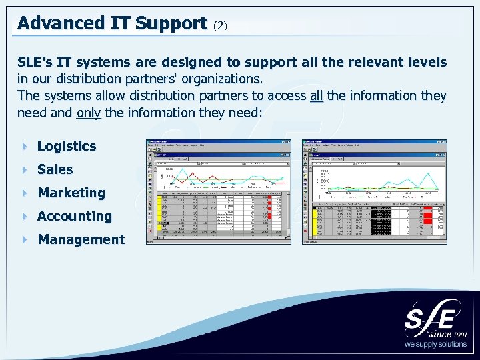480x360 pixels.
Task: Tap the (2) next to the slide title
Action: [221, 25]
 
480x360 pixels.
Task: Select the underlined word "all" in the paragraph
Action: [316, 95]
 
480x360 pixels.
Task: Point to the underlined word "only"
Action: [89, 112]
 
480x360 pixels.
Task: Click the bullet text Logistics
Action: [67, 146]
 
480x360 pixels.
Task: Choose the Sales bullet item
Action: [55, 169]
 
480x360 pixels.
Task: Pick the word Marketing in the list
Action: [71, 193]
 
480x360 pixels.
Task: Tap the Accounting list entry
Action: [75, 216]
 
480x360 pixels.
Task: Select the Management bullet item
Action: [81, 239]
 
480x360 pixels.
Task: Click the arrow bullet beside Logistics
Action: [25, 146]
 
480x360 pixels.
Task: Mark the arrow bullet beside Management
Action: [25, 239]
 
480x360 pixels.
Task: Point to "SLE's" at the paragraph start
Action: [35, 62]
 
